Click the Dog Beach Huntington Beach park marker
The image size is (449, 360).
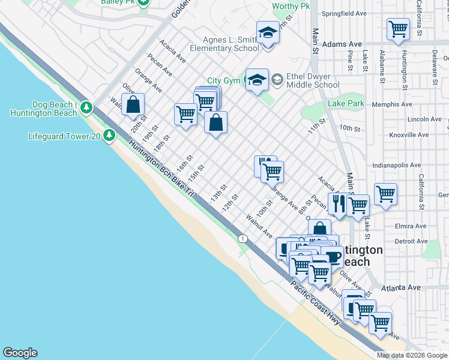point(87,108)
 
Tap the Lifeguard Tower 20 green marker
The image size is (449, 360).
point(109,136)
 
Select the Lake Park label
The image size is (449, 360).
point(346,104)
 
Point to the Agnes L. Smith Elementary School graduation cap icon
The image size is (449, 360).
point(268,32)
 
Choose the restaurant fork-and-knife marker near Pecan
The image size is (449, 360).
point(337,204)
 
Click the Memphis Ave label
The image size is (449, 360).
point(426,104)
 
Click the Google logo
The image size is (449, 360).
point(20,353)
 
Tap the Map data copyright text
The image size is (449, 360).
point(412,355)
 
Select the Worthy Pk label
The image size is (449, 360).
point(291,6)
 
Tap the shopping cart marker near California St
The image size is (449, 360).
point(385,194)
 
